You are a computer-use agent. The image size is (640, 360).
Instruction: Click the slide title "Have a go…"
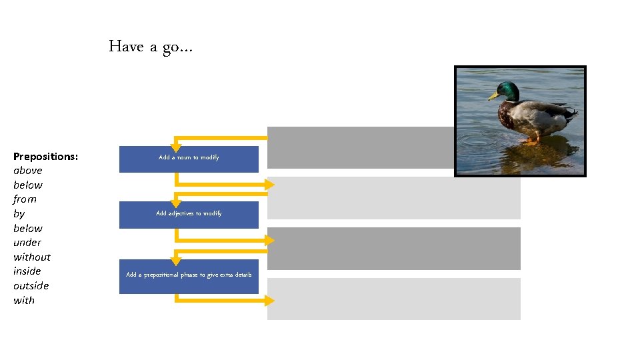click(151, 47)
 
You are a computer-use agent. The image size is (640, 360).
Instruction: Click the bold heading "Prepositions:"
click(45, 156)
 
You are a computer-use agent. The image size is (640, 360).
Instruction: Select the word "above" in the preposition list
click(28, 171)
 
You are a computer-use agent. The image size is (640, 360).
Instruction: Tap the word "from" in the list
click(25, 199)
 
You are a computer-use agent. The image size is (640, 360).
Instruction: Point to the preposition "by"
click(19, 214)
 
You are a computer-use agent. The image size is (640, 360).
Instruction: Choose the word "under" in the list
click(27, 243)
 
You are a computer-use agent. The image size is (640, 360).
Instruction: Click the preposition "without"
click(32, 257)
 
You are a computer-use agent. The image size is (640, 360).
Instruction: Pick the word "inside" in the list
click(27, 271)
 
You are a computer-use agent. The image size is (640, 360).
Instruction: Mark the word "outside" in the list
click(31, 285)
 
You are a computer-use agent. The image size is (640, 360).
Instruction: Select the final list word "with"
click(24, 300)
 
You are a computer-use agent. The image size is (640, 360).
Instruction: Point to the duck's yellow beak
click(493, 97)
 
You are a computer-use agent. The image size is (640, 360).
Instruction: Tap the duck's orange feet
click(531, 141)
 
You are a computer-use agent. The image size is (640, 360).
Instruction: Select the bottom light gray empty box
click(393, 299)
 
